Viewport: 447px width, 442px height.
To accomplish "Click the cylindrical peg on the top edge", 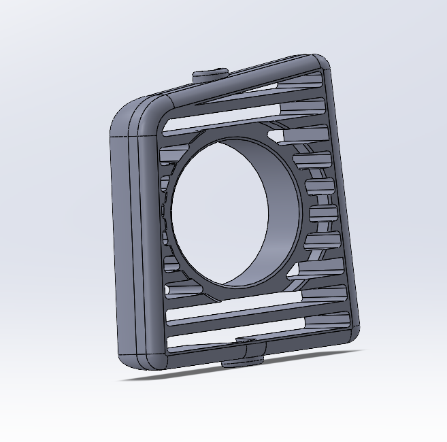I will (x=209, y=75).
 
